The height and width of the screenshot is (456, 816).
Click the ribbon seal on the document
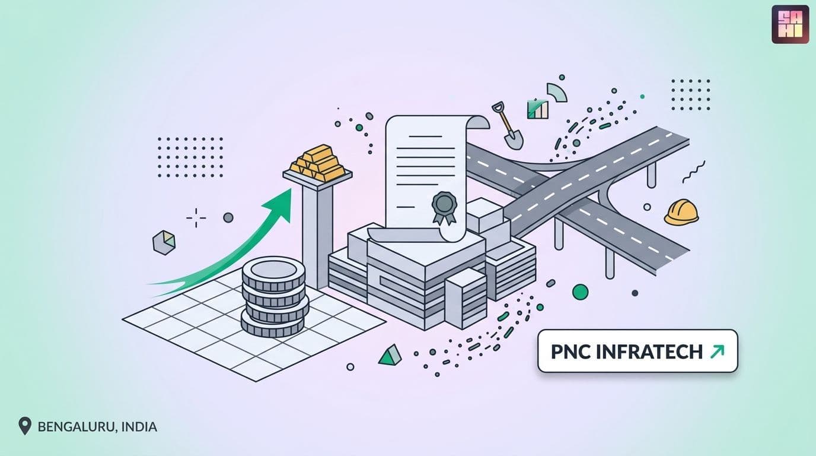coord(444,207)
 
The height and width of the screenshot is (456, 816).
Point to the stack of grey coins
coord(275,297)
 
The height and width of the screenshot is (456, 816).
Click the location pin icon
coord(25,426)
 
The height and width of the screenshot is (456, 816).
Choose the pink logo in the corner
coord(790,24)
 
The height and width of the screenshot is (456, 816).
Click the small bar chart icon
coord(538,109)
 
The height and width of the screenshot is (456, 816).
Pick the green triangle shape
coord(390,355)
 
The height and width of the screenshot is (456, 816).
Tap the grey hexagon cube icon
coord(164,243)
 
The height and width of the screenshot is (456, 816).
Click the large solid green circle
coord(581,292)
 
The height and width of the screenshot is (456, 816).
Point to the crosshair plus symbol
coord(196,218)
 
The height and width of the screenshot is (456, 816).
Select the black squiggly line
coord(694,172)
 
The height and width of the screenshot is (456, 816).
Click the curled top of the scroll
coord(477,122)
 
